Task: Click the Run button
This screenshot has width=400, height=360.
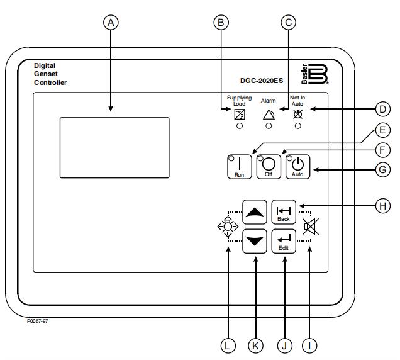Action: [x=239, y=167]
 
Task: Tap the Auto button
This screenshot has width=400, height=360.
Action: [x=297, y=166]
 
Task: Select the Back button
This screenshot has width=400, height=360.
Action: [x=283, y=211]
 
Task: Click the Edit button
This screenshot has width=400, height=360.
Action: [x=283, y=241]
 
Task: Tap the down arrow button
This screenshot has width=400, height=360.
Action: [x=254, y=241]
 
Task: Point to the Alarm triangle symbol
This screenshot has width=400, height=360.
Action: [x=269, y=115]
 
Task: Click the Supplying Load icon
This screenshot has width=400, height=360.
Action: [x=239, y=114]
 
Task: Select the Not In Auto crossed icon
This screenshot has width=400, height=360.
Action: [x=297, y=114]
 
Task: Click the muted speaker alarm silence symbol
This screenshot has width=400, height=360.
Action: [x=308, y=226]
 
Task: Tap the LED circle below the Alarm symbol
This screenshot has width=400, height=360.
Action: [x=269, y=126]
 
